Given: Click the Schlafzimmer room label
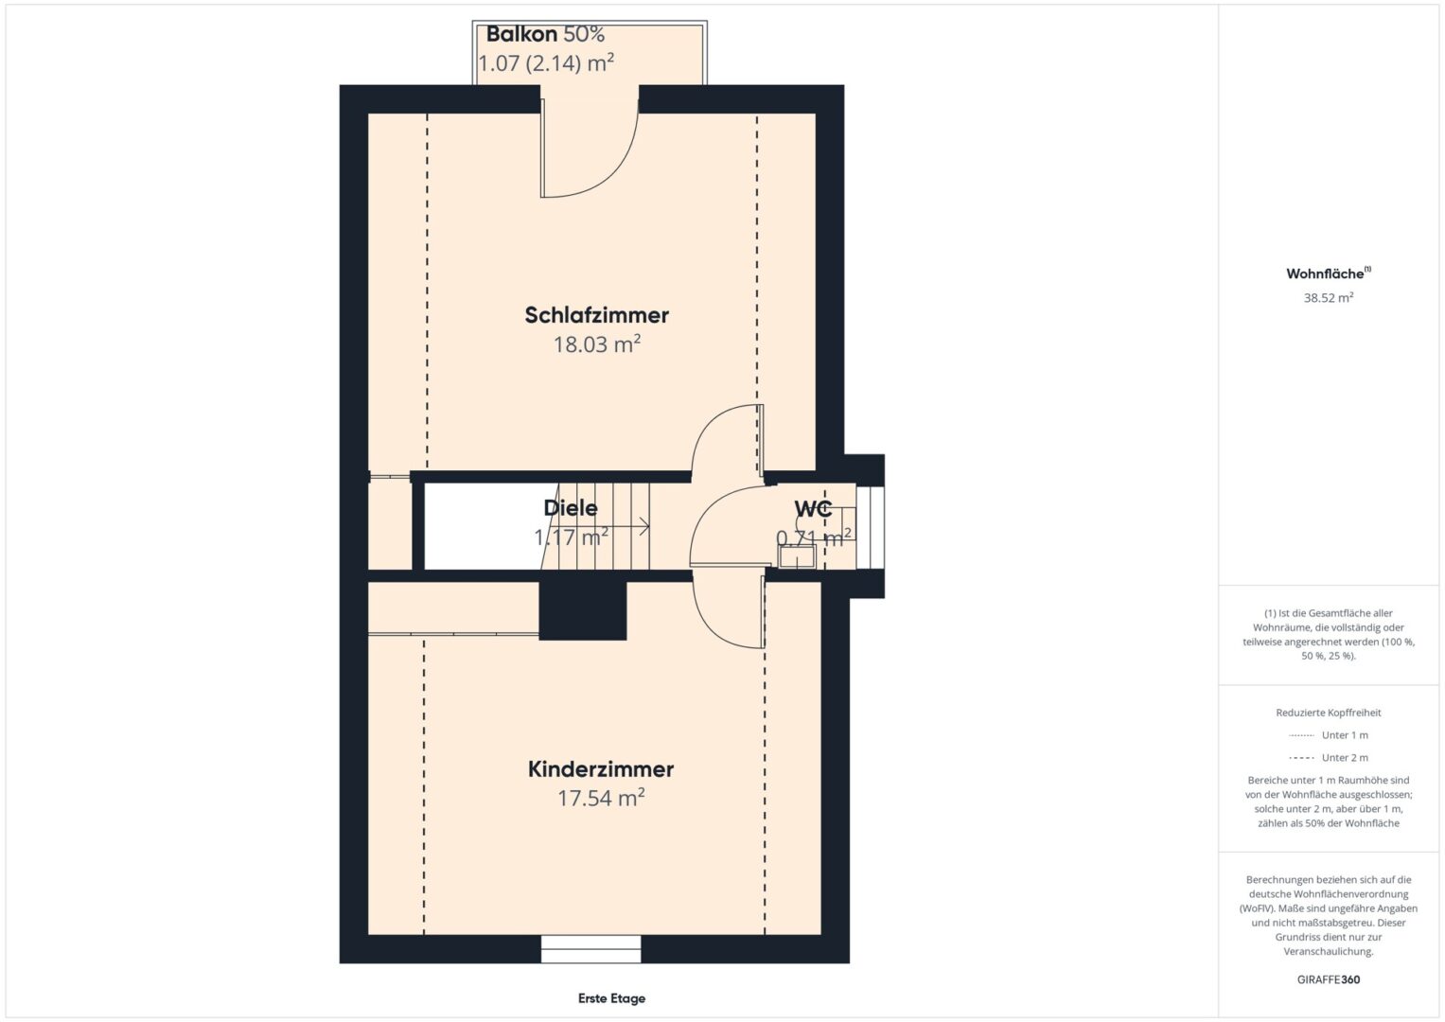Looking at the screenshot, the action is click(x=596, y=315).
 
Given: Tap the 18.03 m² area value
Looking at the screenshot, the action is click(x=597, y=344).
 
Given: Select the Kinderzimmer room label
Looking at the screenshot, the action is click(x=601, y=769).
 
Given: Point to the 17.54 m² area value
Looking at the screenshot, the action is click(x=601, y=798).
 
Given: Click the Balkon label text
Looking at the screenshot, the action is click(x=521, y=34).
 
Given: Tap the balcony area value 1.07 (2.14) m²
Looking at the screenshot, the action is click(x=546, y=63).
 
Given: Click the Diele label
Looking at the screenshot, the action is click(x=571, y=508).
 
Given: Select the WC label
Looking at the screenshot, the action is click(x=813, y=509).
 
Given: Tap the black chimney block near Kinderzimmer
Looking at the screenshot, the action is click(x=583, y=611).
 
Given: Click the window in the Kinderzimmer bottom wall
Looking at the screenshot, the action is click(x=590, y=948).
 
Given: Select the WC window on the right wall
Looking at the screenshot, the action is click(x=871, y=526).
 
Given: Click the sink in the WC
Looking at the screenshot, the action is click(x=798, y=556).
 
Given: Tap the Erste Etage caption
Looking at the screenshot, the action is click(x=611, y=998).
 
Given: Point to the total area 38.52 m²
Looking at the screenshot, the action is click(x=1329, y=297).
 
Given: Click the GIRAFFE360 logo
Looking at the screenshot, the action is click(x=1329, y=979).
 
